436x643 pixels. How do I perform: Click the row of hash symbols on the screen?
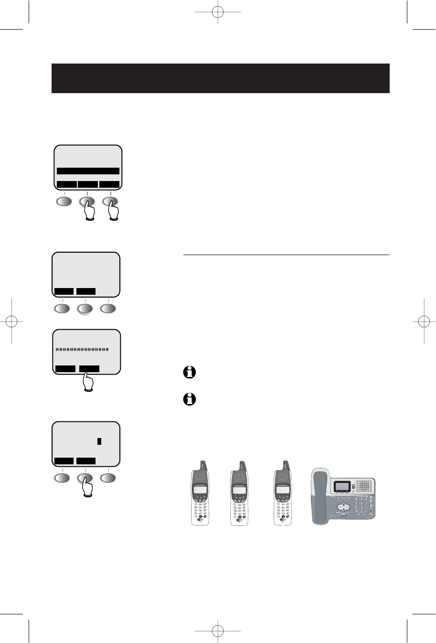(82, 350)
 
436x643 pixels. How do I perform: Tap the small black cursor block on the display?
(99, 441)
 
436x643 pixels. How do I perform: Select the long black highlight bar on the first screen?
(88, 171)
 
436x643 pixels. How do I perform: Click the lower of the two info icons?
(190, 399)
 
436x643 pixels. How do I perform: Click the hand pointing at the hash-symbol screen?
(88, 383)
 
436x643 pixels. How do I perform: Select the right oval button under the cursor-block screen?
(108, 478)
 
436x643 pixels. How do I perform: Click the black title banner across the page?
(221, 78)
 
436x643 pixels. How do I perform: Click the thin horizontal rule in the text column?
(287, 255)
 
